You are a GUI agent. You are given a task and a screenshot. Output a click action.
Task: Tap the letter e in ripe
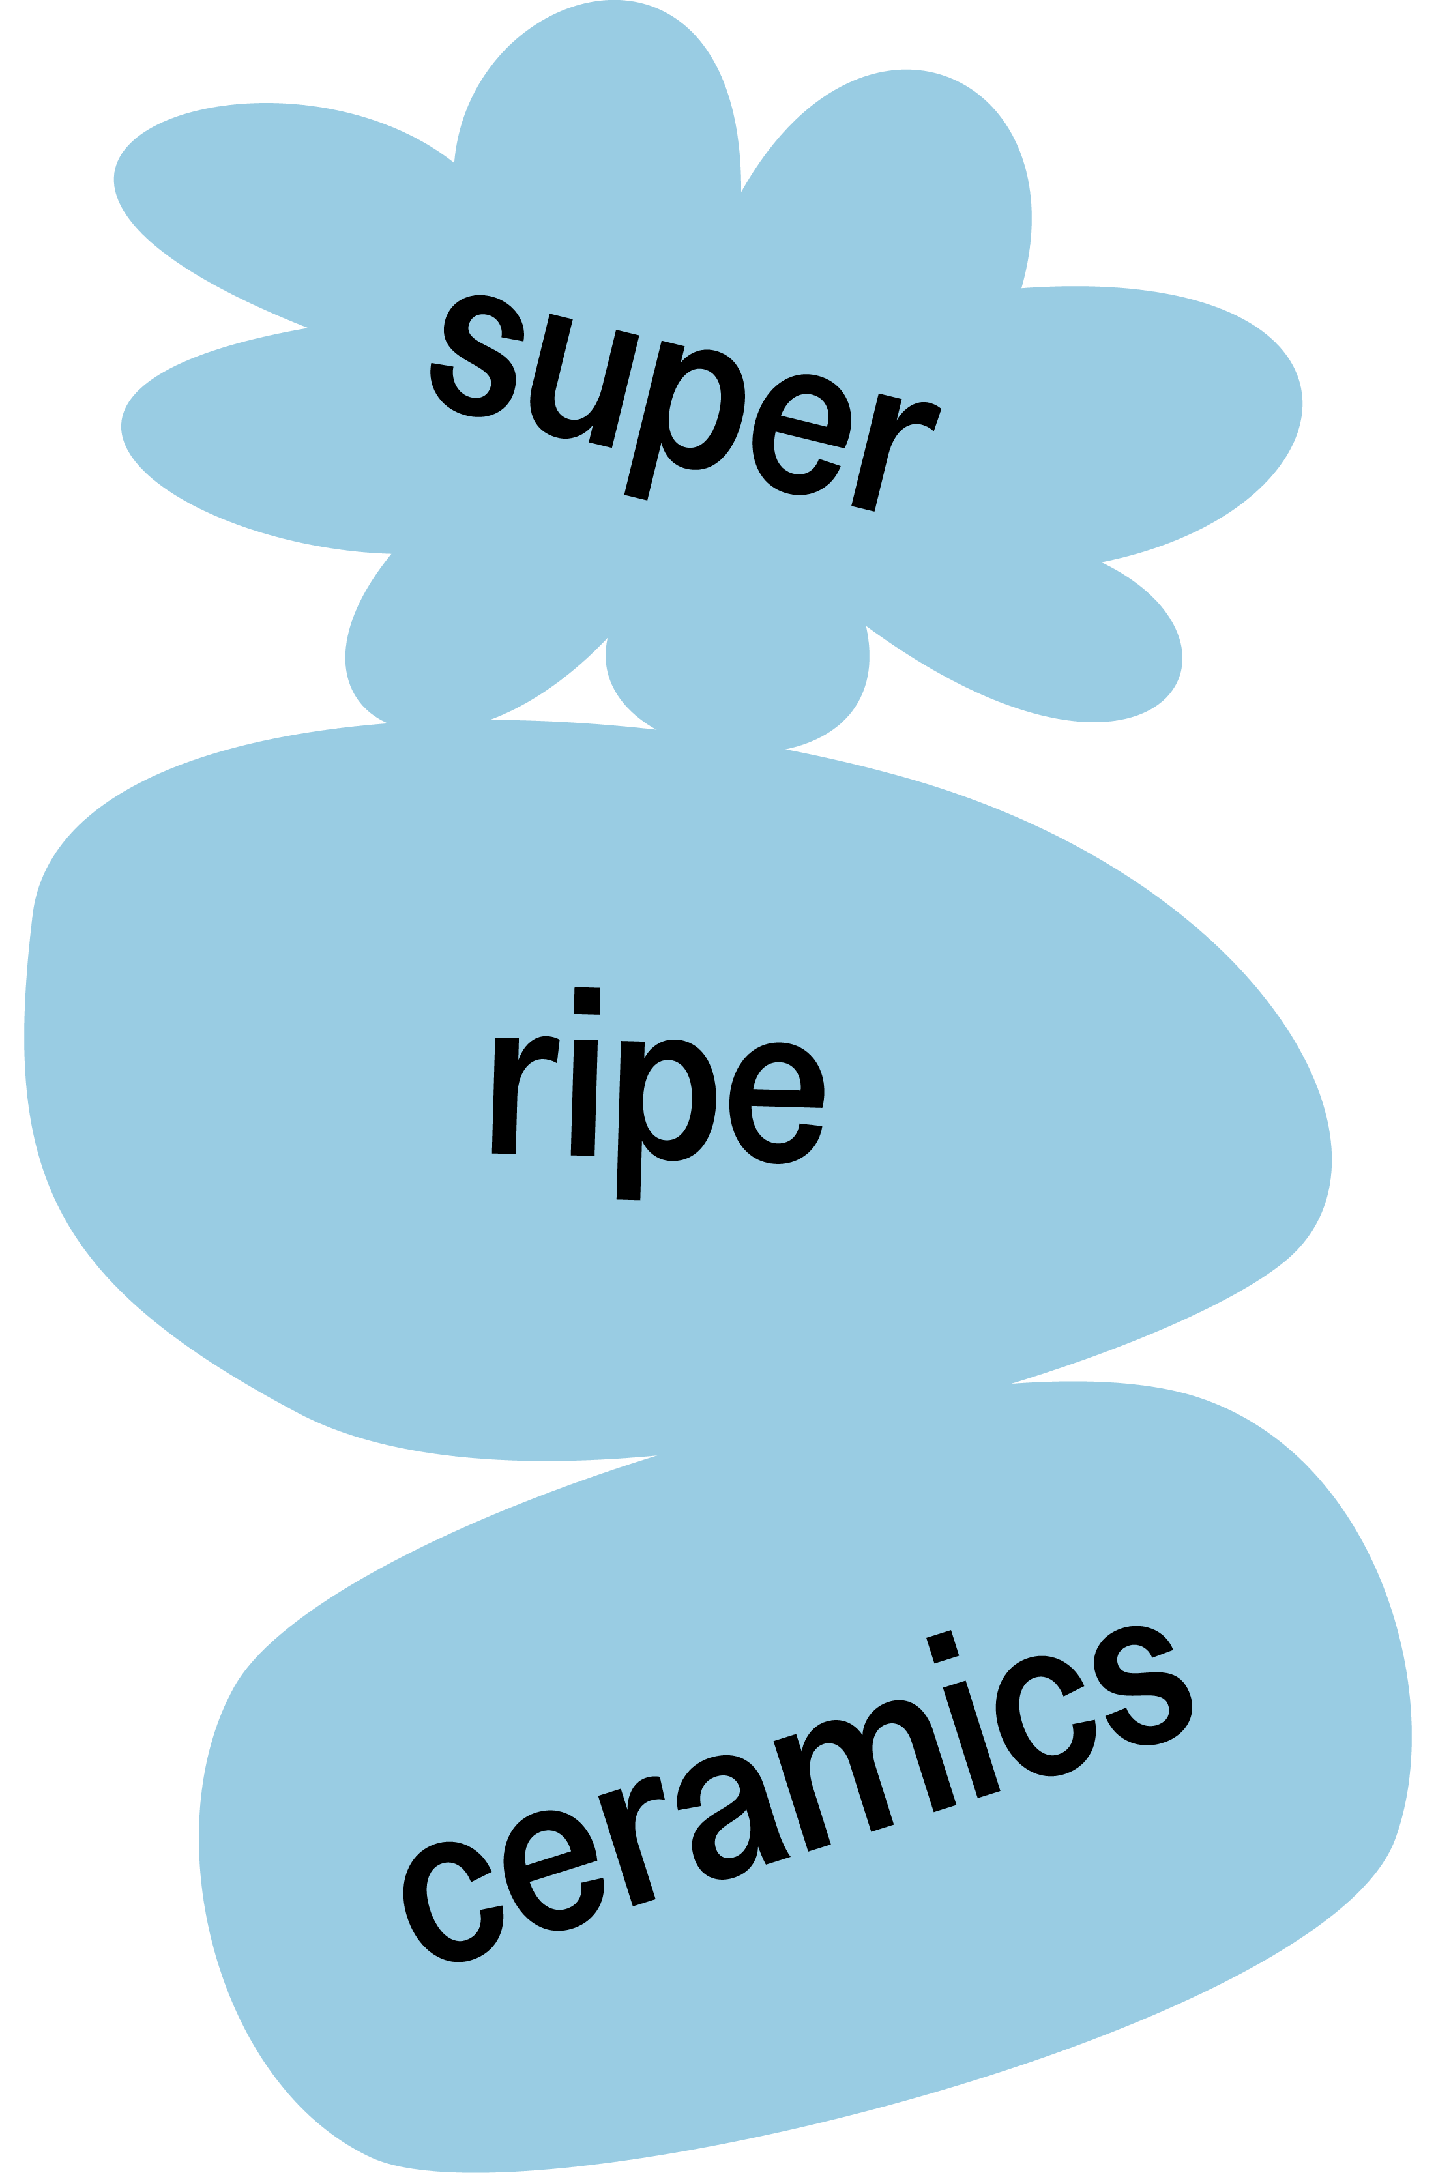click(x=776, y=1103)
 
